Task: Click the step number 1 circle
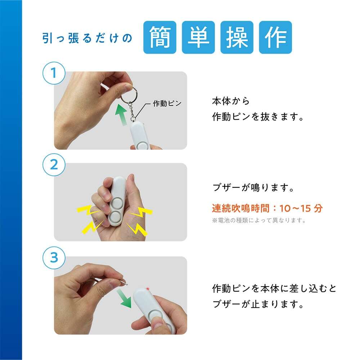(x=54, y=73)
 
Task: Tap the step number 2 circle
(x=54, y=165)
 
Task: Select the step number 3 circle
(x=54, y=258)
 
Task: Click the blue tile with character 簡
(x=160, y=37)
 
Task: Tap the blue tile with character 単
(x=198, y=37)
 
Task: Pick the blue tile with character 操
(x=237, y=37)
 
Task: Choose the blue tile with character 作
(x=275, y=37)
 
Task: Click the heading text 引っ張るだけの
(x=87, y=38)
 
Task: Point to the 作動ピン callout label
(x=167, y=103)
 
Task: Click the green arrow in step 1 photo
(x=122, y=114)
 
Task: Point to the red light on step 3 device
(x=148, y=289)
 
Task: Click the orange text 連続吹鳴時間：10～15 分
(x=267, y=208)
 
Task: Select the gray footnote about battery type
(x=259, y=220)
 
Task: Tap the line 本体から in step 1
(x=231, y=101)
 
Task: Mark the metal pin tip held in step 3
(x=126, y=284)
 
